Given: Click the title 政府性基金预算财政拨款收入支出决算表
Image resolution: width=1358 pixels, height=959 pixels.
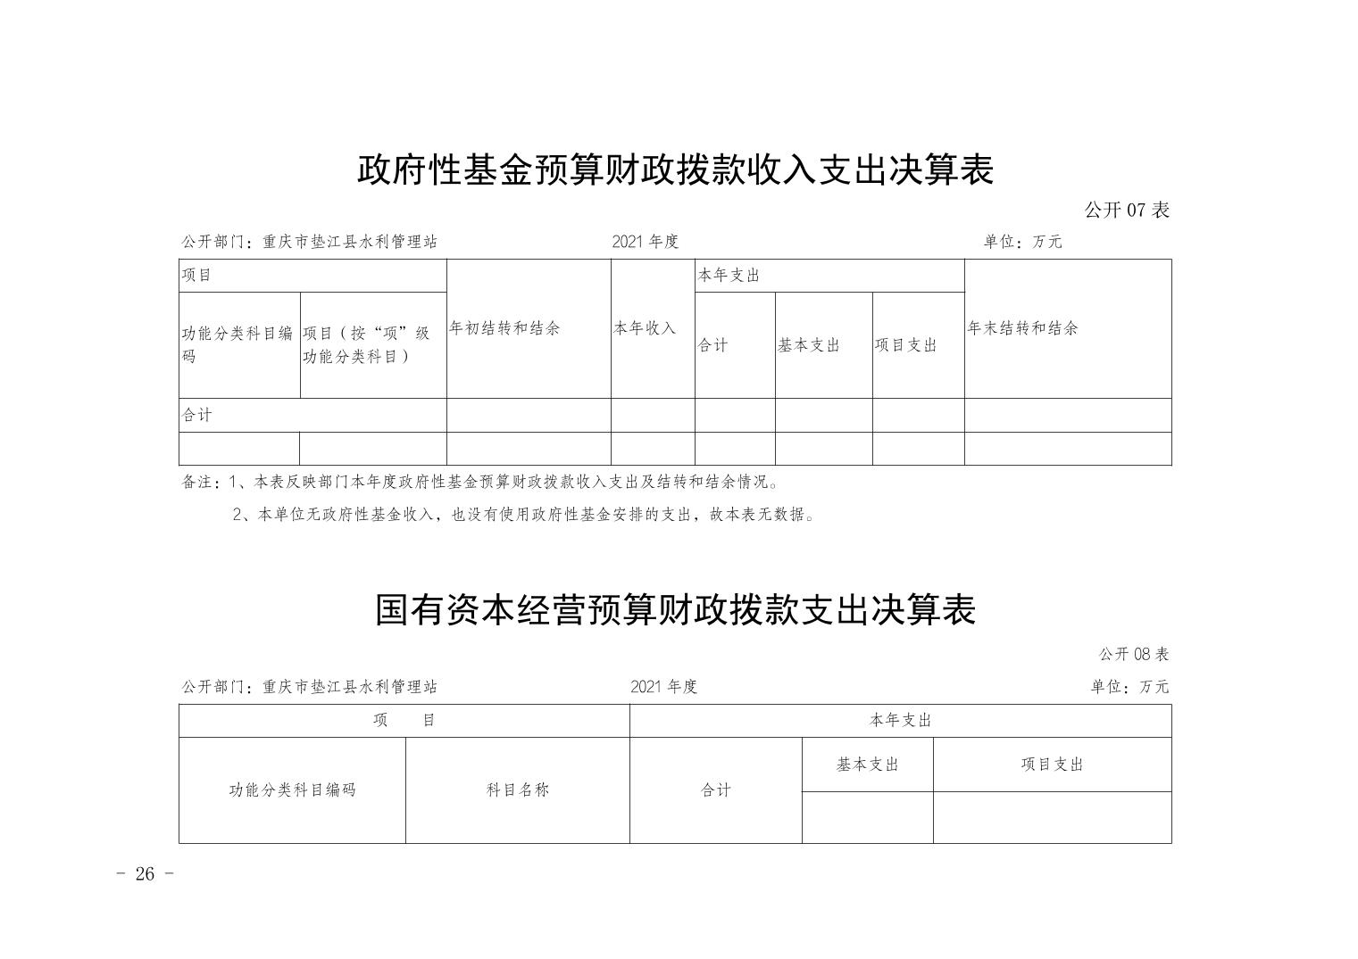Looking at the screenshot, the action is (675, 170).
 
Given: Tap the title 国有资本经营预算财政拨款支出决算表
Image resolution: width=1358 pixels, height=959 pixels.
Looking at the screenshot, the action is (675, 610).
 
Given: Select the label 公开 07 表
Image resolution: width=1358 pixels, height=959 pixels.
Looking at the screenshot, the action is (1127, 211).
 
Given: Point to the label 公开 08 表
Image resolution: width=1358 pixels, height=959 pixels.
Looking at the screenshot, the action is (1134, 654).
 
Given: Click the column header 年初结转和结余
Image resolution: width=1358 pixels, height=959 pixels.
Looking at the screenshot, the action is (504, 328).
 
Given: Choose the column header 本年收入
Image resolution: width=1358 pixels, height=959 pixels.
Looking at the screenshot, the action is (645, 328).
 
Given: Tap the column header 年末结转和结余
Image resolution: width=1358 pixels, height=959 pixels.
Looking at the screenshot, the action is (1023, 328).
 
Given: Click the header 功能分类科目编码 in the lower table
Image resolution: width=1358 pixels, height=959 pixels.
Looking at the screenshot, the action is (292, 790).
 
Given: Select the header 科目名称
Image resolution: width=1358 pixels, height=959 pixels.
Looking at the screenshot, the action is (518, 790).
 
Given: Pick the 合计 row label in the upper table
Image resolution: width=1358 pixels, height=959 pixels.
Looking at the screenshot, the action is (197, 415).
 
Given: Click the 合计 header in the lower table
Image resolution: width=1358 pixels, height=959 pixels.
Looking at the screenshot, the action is (716, 790).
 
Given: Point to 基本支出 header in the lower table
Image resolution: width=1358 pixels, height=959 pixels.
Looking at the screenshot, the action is (868, 765).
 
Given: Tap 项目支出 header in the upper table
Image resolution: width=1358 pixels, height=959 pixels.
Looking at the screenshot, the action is (905, 345).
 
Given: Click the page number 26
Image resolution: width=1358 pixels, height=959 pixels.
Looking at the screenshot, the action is (145, 873).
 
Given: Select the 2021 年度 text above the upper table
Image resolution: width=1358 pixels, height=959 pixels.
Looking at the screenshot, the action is (645, 242).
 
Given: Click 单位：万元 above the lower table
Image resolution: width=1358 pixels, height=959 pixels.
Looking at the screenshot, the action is (1129, 686).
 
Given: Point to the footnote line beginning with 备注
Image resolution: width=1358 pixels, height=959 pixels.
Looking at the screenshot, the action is (481, 483).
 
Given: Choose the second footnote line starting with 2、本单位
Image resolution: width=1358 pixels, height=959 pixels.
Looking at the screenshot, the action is (524, 515).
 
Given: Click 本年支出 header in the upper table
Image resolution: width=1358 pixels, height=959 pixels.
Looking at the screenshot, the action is (729, 276).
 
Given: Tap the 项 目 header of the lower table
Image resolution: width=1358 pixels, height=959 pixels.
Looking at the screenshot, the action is (404, 720).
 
